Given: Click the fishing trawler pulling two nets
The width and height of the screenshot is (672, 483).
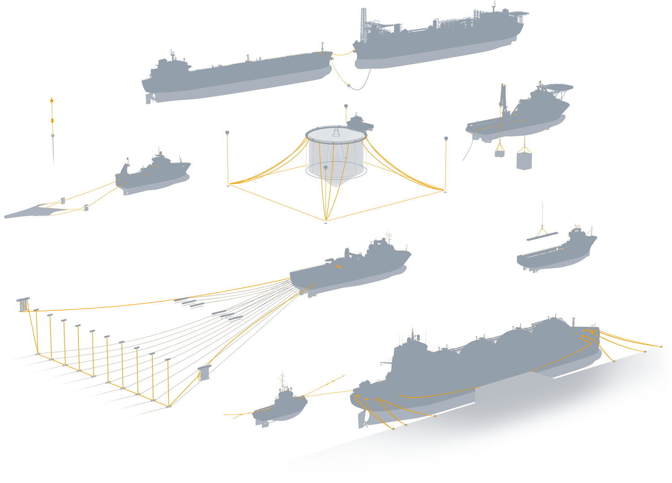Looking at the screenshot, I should [152, 175].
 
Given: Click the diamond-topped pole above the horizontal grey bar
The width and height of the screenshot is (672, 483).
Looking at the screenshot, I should [53, 136].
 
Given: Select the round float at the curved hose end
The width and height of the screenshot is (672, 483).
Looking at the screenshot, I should [349, 85].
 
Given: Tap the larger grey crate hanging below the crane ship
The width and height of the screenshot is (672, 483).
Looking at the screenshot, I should [524, 161].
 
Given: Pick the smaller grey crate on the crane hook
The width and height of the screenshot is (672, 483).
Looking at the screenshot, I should [500, 154].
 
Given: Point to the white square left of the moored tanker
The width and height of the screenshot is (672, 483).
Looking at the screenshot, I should [346, 335].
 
